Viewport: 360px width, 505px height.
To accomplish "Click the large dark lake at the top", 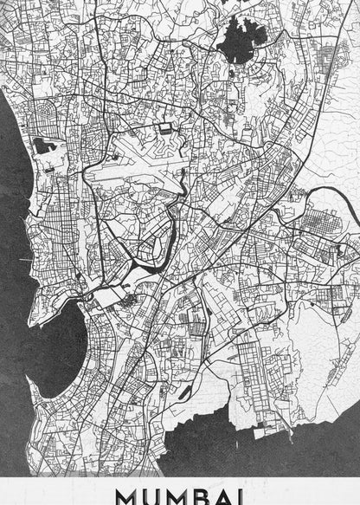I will [x=238, y=42].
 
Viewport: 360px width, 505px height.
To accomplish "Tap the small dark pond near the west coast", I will [x=43, y=146].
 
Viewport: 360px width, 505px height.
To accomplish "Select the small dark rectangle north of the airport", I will [x=164, y=129].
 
